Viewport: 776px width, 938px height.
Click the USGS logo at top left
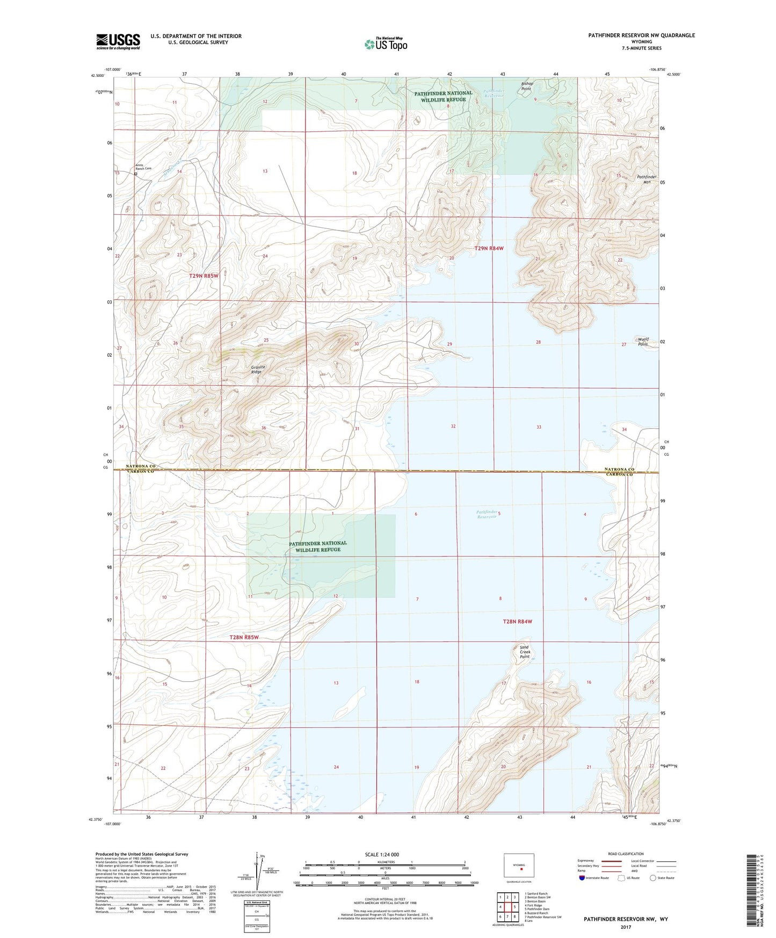coord(118,41)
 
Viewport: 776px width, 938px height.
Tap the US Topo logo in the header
coord(386,44)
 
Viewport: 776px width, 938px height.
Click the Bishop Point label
coord(527,86)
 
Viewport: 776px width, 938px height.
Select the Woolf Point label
coord(643,342)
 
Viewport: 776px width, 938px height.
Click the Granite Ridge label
coord(258,370)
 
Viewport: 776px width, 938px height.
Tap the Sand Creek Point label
coord(525,652)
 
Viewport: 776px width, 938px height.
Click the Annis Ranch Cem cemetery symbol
coord(136,174)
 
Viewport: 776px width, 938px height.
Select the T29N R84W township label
coord(489,248)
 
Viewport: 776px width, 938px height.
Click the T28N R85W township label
coord(244,637)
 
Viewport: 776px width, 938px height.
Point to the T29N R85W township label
coord(204,276)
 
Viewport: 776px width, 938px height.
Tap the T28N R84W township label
coord(517,622)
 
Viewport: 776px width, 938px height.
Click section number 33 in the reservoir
coord(539,427)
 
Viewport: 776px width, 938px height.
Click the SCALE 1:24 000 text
coord(382,854)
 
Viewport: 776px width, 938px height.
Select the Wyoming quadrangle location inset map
coord(519,866)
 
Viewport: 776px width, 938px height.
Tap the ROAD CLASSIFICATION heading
coord(626,854)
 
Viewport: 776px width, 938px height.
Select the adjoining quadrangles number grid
coord(507,907)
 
